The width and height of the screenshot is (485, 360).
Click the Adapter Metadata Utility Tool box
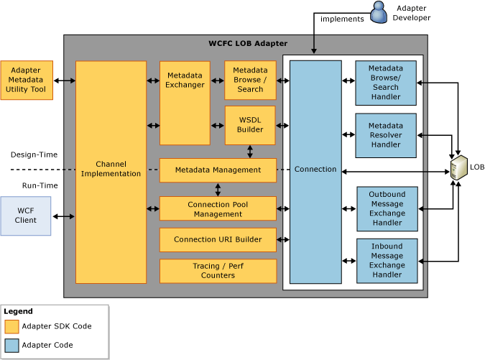tap(27, 80)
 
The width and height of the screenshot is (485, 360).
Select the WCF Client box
tap(26, 216)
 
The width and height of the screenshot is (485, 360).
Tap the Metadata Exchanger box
tap(185, 103)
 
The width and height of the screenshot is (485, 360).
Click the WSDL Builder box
tap(250, 125)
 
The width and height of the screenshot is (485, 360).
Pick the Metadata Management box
tap(218, 170)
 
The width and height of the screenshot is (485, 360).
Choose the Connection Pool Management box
tap(218, 209)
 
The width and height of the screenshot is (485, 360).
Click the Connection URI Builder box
tap(218, 240)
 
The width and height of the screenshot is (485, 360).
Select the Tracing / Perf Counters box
tap(218, 271)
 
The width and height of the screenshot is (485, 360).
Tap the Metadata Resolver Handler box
tap(386, 136)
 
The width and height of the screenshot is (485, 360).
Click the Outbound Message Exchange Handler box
tap(387, 209)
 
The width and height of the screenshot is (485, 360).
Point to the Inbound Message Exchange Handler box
tap(387, 261)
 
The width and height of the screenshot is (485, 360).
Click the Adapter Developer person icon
tap(379, 12)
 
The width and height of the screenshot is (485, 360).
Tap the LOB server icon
tap(458, 167)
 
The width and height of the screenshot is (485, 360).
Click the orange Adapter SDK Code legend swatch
tap(11, 327)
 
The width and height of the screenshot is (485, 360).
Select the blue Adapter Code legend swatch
tap(11, 346)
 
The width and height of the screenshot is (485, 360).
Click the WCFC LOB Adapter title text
tap(248, 43)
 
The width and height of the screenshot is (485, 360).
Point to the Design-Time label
tap(34, 154)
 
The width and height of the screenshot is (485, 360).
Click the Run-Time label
tap(40, 185)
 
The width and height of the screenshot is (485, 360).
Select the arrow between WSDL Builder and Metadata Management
tap(250, 152)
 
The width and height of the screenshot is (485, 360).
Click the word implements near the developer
tap(342, 19)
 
